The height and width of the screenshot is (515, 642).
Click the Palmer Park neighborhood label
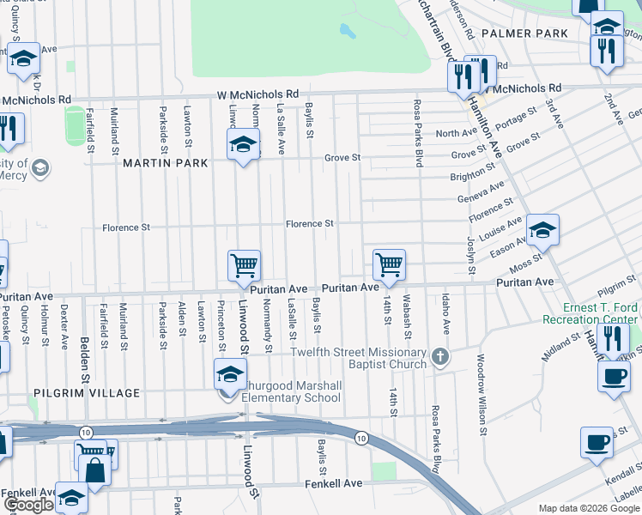coord(524,33)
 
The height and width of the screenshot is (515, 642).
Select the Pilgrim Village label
coord(86,393)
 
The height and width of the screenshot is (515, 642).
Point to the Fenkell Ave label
coord(334,483)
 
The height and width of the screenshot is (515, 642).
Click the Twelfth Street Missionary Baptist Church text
coord(359,359)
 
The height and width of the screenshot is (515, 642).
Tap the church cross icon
coord(440,355)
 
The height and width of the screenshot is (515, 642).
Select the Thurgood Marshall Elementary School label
coord(291,391)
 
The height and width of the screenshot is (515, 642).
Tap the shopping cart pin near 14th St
coord(389,264)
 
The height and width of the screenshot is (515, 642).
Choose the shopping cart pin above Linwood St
coord(244,266)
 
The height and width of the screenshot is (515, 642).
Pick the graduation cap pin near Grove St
coord(243,144)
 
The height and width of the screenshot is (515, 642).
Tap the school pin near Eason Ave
coord(542,230)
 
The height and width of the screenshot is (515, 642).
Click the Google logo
coord(28,505)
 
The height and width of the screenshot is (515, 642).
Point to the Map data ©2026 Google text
coord(588,508)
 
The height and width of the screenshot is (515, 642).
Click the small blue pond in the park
coord(347,33)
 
